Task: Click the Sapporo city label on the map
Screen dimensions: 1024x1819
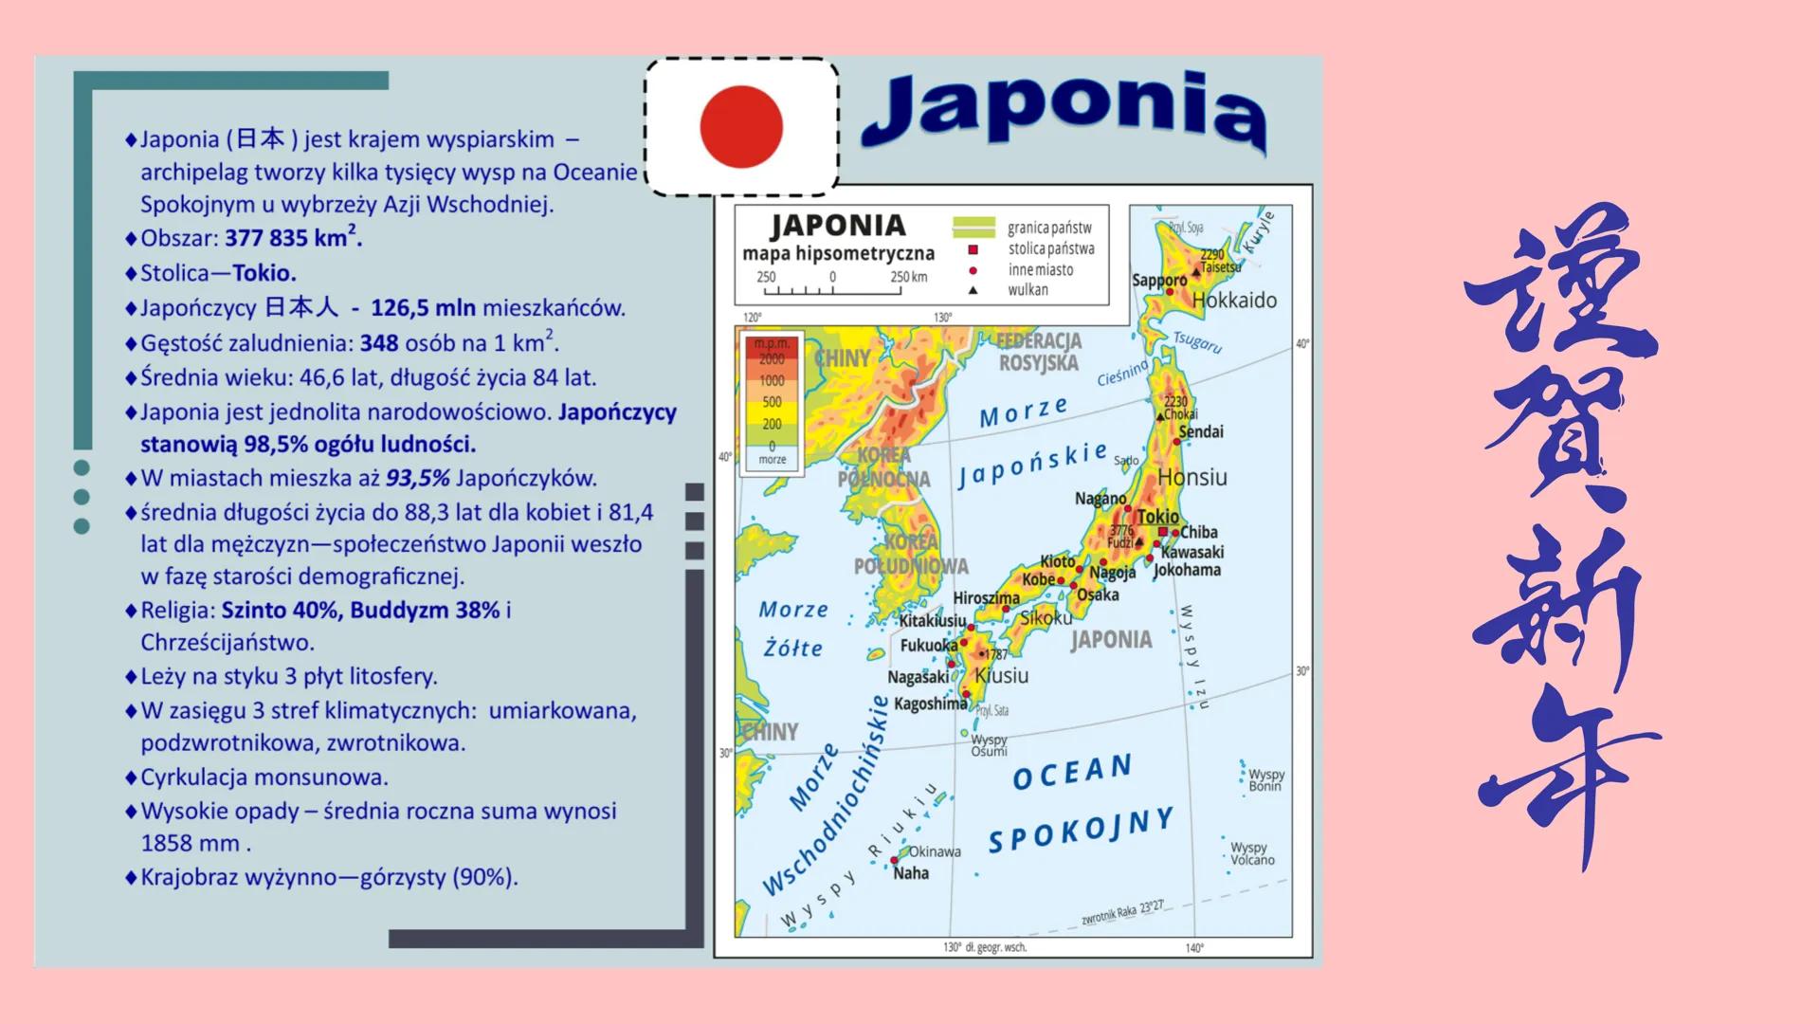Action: pos(1158,281)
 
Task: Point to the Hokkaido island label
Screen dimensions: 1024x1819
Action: pos(1234,301)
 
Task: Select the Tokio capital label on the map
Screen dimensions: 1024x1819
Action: pos(1157,517)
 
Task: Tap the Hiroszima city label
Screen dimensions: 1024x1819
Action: pos(986,598)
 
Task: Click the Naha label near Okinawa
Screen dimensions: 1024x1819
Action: pos(911,873)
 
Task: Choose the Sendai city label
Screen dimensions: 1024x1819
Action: pos(1201,432)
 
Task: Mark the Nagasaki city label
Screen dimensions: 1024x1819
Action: pos(918,677)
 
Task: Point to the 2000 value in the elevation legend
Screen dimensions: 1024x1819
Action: pos(772,359)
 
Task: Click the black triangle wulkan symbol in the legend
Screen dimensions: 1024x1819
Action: pos(973,290)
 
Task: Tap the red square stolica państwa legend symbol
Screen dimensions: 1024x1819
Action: pos(973,249)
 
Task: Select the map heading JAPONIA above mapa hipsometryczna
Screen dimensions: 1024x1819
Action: pos(838,226)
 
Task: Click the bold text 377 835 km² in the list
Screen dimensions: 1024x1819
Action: pos(293,237)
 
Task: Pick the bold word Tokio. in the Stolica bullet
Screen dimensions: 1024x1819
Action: pos(264,273)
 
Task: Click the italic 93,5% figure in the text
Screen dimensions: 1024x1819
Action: pos(417,478)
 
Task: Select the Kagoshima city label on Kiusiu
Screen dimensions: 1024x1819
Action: pos(930,704)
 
